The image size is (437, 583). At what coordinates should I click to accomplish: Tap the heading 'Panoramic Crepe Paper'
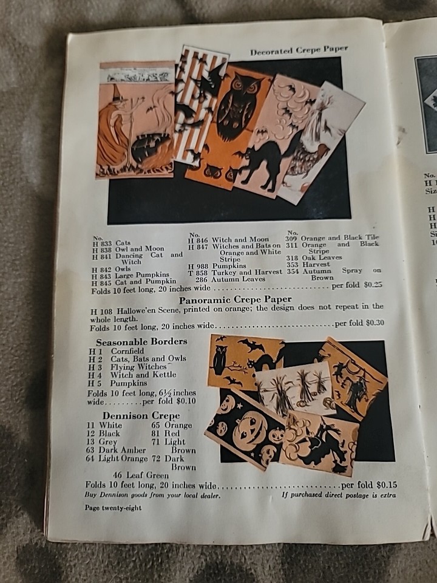235,299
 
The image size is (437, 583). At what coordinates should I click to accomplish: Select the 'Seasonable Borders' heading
141,341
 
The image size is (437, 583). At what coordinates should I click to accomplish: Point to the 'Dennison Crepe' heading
141,415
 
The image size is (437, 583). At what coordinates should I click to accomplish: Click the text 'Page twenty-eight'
113,508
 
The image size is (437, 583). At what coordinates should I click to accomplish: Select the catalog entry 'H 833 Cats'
111,243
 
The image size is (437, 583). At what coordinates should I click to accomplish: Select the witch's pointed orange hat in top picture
117,92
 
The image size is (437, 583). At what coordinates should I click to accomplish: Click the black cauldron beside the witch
147,147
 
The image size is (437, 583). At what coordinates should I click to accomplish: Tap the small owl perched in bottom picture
219,360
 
